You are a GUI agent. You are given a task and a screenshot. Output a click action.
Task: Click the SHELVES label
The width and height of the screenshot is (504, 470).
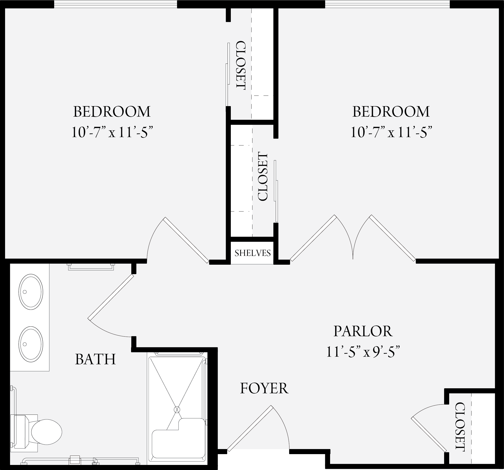pyautogui.click(x=252, y=253)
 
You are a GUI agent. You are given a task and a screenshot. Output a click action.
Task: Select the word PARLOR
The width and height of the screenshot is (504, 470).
pyautogui.click(x=363, y=331)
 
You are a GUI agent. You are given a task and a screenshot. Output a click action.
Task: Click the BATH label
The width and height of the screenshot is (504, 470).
pyautogui.click(x=95, y=359)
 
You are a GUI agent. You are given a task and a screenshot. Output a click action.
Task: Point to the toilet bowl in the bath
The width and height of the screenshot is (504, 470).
pyautogui.click(x=46, y=432)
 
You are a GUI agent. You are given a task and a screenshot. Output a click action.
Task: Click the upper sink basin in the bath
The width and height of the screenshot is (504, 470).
pyautogui.click(x=31, y=292)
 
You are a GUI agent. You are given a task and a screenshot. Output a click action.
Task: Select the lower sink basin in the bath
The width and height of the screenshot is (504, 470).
pyautogui.click(x=31, y=344)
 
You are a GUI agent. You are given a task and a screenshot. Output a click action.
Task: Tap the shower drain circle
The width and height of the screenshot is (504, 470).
pyautogui.click(x=177, y=410)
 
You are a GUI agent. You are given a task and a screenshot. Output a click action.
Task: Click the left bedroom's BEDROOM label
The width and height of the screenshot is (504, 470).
pyautogui.click(x=112, y=111)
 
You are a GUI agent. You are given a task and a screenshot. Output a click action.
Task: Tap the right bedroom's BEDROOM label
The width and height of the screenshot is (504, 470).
pyautogui.click(x=391, y=111)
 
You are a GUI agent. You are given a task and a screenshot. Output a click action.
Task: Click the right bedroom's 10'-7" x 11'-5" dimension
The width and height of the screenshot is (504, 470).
pyautogui.click(x=391, y=132)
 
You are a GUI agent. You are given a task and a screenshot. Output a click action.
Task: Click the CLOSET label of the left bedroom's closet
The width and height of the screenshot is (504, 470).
pyautogui.click(x=241, y=65)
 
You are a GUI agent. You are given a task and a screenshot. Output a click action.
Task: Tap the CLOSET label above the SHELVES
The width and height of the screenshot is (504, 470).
pyautogui.click(x=262, y=176)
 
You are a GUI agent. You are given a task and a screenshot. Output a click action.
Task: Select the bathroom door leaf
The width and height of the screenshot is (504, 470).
pyautogui.click(x=111, y=297)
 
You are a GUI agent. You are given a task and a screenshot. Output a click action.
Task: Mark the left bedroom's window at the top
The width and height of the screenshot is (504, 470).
pyautogui.click(x=115, y=4)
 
